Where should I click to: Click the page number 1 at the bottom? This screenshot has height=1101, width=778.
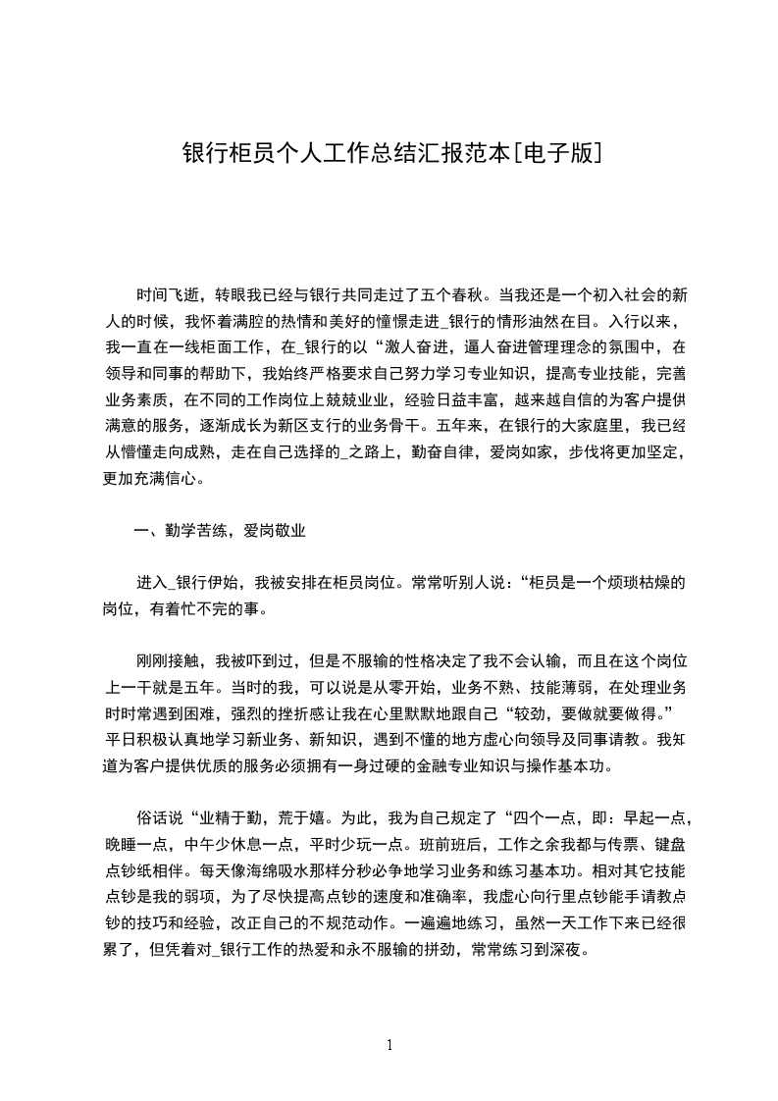[389, 1044]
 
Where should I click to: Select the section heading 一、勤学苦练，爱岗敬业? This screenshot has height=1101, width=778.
[221, 531]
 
